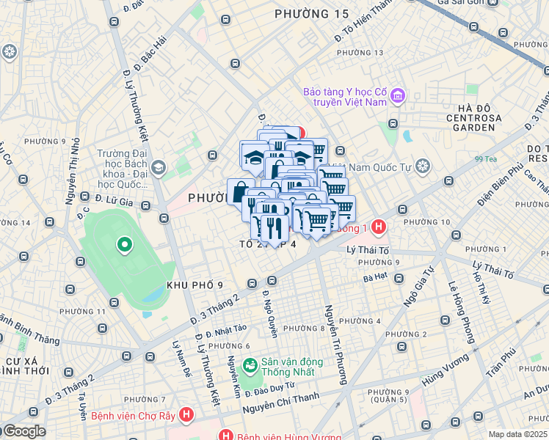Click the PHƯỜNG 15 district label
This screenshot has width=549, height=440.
(x=311, y=14)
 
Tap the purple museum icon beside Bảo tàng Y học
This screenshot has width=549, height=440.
(x=398, y=95)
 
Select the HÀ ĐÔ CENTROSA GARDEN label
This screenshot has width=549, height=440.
(x=473, y=117)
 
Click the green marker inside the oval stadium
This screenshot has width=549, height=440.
(x=125, y=245)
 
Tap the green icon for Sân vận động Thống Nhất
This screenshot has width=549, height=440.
(x=250, y=364)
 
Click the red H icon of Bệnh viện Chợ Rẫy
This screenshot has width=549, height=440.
(x=187, y=415)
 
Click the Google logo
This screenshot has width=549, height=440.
(x=23, y=431)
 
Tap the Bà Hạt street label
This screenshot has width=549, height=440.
(x=376, y=278)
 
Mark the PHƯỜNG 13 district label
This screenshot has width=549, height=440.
(x=360, y=53)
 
